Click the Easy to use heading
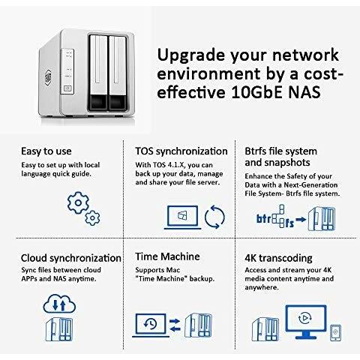point(46,151)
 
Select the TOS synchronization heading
point(181,151)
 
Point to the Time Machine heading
point(167,256)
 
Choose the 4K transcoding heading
point(278,258)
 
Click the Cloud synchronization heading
point(71,258)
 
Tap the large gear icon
point(78,202)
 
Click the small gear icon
point(92,218)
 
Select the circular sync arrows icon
point(214,217)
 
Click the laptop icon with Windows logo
point(183,217)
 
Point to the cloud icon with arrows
point(59,304)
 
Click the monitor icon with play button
point(306,322)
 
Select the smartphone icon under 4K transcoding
point(335,332)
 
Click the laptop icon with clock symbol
point(151,325)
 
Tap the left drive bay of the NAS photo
point(98,73)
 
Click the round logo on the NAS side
point(48,77)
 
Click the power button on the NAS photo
point(67,88)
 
